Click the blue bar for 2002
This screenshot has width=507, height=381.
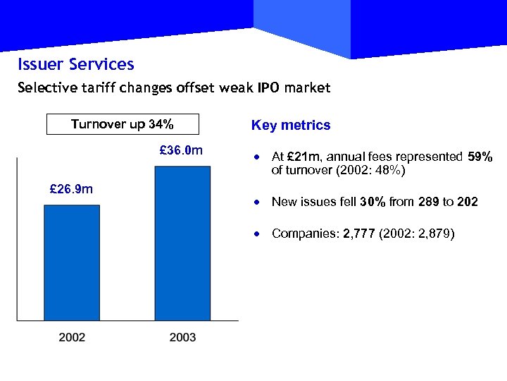pos(72,262)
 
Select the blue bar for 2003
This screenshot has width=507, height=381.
pos(182,243)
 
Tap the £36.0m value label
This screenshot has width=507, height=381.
pos(182,150)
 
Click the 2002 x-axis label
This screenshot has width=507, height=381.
pos(72,337)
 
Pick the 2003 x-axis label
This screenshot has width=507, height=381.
pos(182,337)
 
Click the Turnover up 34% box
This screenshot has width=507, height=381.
pos(123,125)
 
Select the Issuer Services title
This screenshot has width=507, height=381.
pos(76,65)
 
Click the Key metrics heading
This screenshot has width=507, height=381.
pos(291,126)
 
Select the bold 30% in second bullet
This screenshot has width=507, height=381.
pos(373,202)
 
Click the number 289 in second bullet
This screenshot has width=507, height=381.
pos(429,202)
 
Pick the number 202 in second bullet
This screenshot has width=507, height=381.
pos(467,202)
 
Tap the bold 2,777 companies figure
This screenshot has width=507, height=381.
pos(358,233)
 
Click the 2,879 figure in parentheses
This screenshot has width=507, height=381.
pos(431,233)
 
